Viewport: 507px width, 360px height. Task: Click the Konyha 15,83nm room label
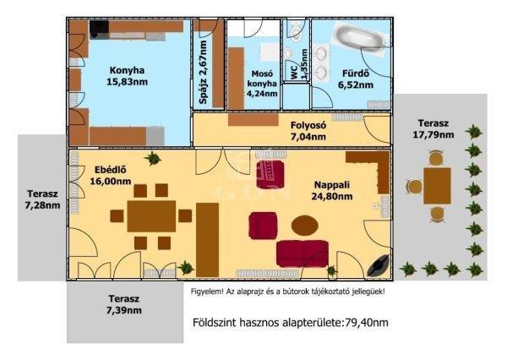point(127,76)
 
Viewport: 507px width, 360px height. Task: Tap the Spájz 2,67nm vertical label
point(203,73)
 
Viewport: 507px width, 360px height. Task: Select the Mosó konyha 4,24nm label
point(262,84)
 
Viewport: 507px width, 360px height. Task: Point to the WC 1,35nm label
point(299,65)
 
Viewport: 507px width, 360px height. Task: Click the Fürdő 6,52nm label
point(356,79)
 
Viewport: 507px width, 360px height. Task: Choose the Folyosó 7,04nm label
point(308,131)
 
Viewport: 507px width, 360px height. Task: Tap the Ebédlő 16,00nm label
point(110,175)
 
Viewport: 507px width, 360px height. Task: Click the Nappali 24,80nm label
point(332,190)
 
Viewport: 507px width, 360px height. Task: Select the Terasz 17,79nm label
point(433,128)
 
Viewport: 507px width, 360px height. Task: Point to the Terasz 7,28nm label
point(43,199)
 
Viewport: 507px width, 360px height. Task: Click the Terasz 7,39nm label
point(124,304)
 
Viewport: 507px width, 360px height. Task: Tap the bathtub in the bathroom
point(359,37)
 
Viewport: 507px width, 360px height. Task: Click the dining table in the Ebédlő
point(151,216)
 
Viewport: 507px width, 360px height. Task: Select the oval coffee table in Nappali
point(304,225)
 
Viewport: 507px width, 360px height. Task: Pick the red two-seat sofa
point(303,254)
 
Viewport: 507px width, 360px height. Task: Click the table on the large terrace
point(437,186)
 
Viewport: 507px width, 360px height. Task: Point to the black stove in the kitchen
point(99,28)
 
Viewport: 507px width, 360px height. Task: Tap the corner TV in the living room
point(379,265)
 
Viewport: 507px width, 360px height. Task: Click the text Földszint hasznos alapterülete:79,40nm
point(291,323)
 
